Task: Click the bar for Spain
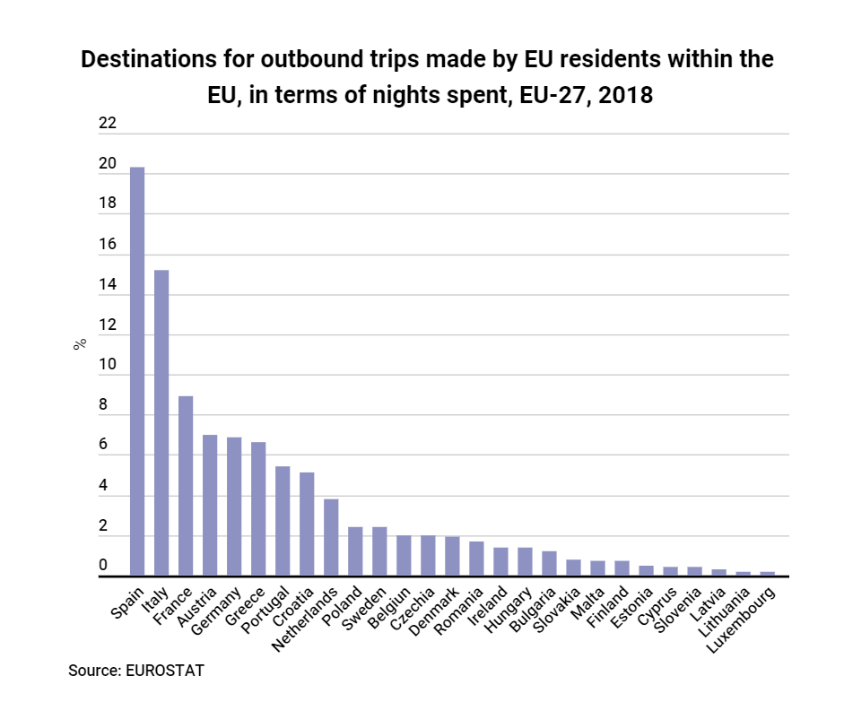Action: (137, 371)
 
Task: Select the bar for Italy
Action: (161, 423)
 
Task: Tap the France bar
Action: (186, 486)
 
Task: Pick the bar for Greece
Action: (258, 509)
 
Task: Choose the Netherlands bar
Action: (331, 538)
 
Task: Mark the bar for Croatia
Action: (307, 524)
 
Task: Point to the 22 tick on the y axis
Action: (108, 124)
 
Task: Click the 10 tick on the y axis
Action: (108, 365)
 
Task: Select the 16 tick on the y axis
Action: (108, 245)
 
